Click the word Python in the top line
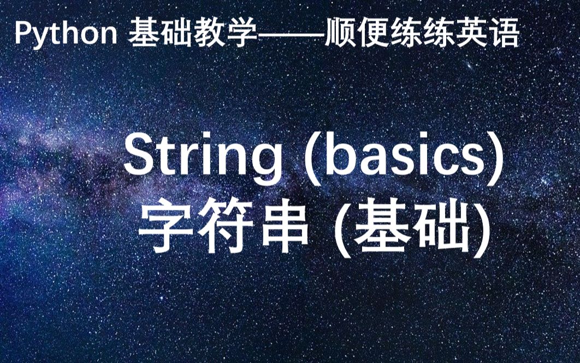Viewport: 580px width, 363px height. click(x=66, y=34)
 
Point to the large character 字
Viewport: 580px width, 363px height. click(x=166, y=225)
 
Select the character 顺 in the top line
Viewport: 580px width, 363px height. click(x=340, y=33)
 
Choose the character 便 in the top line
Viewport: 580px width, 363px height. click(x=373, y=33)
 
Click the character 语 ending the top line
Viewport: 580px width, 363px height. click(x=505, y=33)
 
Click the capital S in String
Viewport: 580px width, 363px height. click(x=143, y=153)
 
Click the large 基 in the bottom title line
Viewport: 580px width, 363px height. click(x=382, y=225)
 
